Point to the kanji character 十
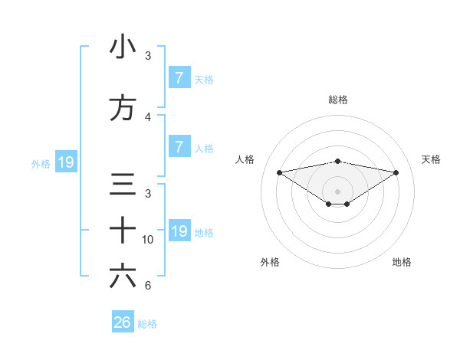click(123, 230)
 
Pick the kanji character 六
click(123, 276)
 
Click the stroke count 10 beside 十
click(148, 239)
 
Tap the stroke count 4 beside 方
click(148, 117)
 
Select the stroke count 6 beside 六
click(148, 286)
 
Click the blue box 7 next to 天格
click(179, 78)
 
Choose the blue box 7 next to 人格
click(179, 147)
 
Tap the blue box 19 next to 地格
click(179, 231)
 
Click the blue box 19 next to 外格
click(65, 162)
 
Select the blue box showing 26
click(123, 322)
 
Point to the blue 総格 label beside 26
click(147, 324)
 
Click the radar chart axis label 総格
click(338, 100)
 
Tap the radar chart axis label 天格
click(431, 159)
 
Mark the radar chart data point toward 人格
click(279, 172)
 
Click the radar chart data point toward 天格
click(396, 172)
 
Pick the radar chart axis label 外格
click(270, 263)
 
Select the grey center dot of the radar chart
click(338, 191)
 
